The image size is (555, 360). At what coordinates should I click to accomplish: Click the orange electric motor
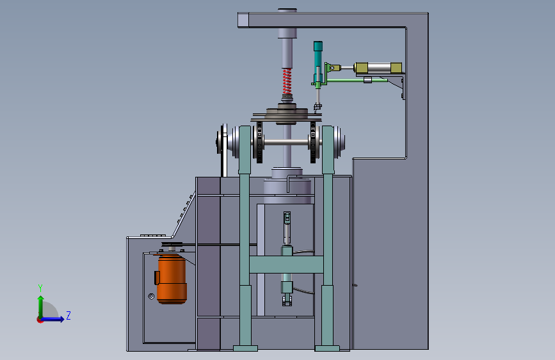pyautogui.click(x=172, y=279)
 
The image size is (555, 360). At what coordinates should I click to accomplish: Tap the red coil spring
pyautogui.click(x=287, y=81)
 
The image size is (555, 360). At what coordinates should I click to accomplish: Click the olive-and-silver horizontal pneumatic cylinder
pyautogui.click(x=378, y=68)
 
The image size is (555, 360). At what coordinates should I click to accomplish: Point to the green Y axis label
pyautogui.click(x=40, y=288)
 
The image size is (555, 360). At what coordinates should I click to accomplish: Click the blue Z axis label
pyautogui.click(x=68, y=315)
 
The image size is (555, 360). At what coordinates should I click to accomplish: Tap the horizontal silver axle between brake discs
pyautogui.click(x=286, y=142)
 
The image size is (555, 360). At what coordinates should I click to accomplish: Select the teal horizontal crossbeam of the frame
pyautogui.click(x=286, y=265)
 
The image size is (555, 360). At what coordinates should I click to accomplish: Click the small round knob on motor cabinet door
pyautogui.click(x=151, y=296)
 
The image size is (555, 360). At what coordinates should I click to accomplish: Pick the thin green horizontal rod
pyautogui.click(x=357, y=81)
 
